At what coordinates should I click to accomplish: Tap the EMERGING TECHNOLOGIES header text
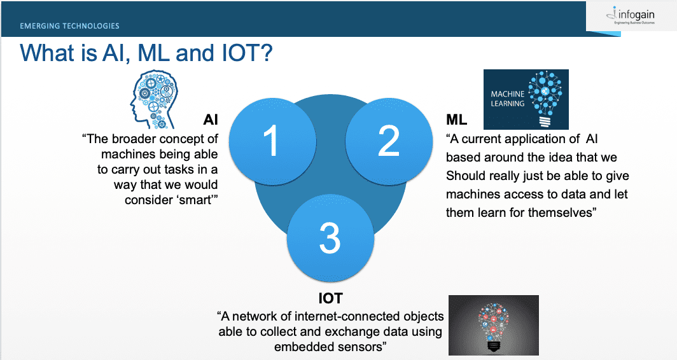pos(69,26)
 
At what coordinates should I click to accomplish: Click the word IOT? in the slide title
pos(247,53)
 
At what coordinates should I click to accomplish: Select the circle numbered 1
pos(272,141)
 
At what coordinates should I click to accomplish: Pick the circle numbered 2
pos(389,141)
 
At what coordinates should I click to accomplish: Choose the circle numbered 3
pos(330,238)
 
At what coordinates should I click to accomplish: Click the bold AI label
pos(211,120)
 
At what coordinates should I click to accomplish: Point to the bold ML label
pos(456,120)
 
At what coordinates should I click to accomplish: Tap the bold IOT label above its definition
pos(330,298)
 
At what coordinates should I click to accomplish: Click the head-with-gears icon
pos(154,100)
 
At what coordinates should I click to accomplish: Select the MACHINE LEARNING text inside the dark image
pos(508,99)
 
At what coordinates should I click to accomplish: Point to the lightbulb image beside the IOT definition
pos(494,325)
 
